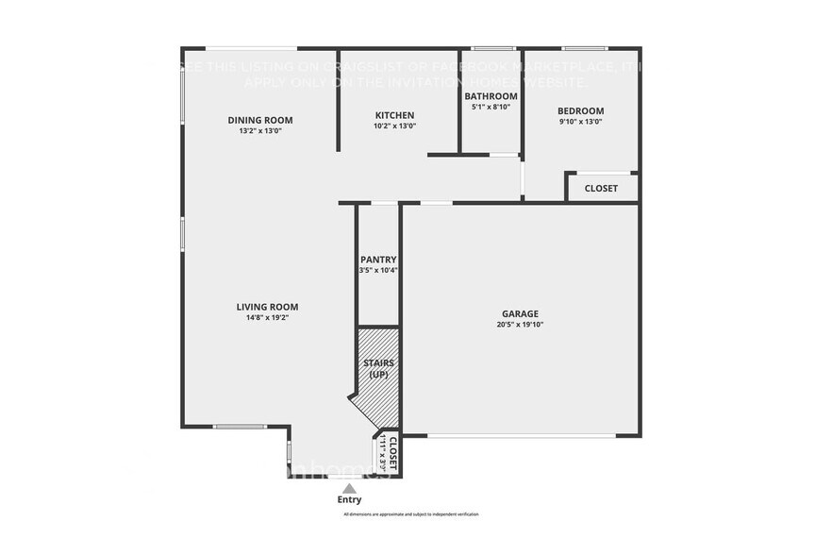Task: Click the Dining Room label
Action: (x=260, y=120)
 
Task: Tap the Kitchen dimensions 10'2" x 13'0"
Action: (x=394, y=126)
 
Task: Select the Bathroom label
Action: (x=491, y=96)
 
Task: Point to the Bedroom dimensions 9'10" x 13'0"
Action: (x=580, y=121)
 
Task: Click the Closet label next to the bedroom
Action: (x=601, y=188)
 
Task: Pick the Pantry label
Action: (x=378, y=260)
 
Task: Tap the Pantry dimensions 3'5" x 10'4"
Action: (x=378, y=271)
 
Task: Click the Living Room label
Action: (x=267, y=307)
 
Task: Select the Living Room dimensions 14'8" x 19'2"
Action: (x=267, y=318)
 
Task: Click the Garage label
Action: (x=520, y=313)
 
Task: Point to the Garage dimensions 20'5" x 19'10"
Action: (x=520, y=325)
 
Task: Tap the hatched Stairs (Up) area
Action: (x=379, y=378)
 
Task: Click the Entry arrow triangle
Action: (x=349, y=488)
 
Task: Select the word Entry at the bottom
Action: (x=349, y=500)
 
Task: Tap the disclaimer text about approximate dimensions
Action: (x=410, y=514)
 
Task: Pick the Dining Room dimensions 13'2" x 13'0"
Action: (x=260, y=131)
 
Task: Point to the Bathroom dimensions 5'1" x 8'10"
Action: (x=491, y=107)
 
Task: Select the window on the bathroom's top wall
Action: (x=492, y=48)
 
